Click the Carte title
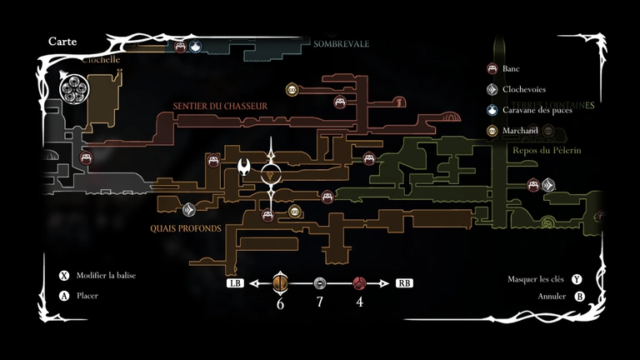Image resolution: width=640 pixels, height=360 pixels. [x=62, y=41]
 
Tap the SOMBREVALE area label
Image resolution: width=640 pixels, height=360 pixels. [x=341, y=43]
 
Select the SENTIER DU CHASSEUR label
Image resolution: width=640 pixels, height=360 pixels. [x=220, y=106]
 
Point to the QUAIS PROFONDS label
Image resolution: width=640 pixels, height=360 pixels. [x=186, y=227]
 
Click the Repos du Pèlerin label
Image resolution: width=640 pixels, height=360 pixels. [x=542, y=150]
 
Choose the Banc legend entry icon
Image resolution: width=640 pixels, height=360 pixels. [x=492, y=69]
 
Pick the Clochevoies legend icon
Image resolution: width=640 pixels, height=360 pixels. [x=492, y=89]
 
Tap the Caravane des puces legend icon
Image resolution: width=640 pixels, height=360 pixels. [x=492, y=110]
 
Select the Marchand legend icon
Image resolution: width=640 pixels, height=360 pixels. [x=492, y=131]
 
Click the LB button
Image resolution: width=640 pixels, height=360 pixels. [x=235, y=283]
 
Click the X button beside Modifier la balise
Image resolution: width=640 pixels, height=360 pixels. [x=64, y=276]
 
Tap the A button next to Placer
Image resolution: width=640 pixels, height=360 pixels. [x=64, y=296]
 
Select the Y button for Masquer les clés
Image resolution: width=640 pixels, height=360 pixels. [x=577, y=279]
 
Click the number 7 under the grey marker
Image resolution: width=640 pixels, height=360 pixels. [x=319, y=302]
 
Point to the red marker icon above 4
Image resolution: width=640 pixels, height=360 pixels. [x=359, y=283]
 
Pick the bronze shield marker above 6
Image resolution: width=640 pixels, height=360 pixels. [x=280, y=283]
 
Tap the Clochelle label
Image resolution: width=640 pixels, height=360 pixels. [x=101, y=60]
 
